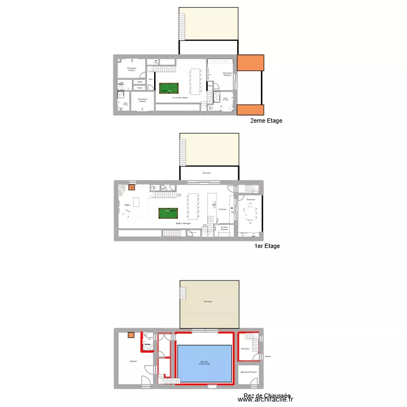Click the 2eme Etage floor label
[x=266, y=121]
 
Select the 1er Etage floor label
[x=267, y=246]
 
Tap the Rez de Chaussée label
[x=267, y=396]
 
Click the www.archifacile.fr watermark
[x=265, y=400]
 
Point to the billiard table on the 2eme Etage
[x=169, y=88]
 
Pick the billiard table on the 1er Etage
[x=168, y=213]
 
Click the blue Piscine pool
[x=205, y=363]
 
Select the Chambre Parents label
[x=227, y=74]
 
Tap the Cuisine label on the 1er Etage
[x=222, y=209]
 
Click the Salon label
[x=127, y=205]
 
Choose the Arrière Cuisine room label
[x=224, y=228]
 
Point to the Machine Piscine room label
[x=249, y=372]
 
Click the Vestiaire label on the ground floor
[x=245, y=348]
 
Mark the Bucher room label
[x=133, y=361]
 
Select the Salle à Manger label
[x=183, y=223]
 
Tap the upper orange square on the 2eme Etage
[x=251, y=63]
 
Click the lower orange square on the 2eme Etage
[x=251, y=110]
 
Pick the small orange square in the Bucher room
[x=131, y=335]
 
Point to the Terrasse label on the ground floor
[x=208, y=302]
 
